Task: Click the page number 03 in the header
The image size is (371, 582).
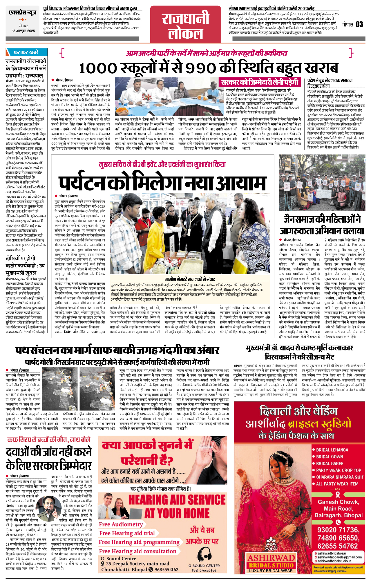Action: [359, 24]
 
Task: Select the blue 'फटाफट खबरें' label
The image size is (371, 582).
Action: [26, 52]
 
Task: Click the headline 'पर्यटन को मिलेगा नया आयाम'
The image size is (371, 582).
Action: [162, 183]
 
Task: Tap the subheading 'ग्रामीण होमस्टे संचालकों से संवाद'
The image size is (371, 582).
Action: [190, 279]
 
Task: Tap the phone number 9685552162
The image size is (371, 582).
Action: [166, 569]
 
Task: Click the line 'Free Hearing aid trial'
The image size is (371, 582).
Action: [127, 533]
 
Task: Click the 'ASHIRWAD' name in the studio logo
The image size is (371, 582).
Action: [271, 558]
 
